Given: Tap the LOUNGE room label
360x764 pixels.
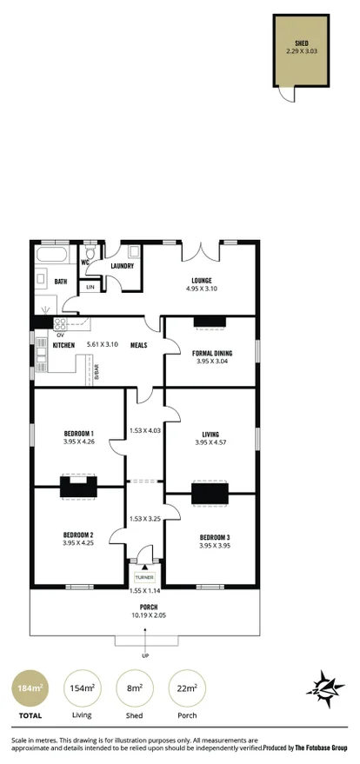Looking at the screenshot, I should (202, 280).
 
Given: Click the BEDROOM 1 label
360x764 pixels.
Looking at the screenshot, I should (77, 433).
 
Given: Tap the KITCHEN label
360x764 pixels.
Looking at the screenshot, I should (64, 345).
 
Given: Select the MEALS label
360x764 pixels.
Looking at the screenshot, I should (137, 345).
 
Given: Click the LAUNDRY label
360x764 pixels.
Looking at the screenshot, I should (122, 266).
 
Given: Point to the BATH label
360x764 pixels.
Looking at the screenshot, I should (61, 282).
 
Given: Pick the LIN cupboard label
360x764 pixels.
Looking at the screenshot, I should (90, 286).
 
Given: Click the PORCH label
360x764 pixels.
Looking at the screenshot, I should (144, 607).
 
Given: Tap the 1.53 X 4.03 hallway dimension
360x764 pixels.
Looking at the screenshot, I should (144, 430).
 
